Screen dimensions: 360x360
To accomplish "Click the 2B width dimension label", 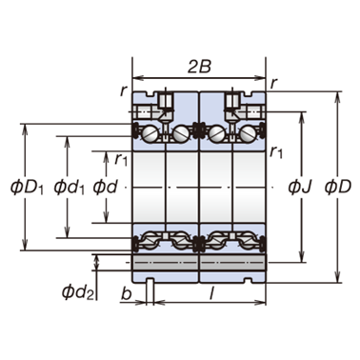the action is click(x=199, y=67).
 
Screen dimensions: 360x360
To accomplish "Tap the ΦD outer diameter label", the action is click(x=338, y=187).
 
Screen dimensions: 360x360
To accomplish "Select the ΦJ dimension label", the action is click(x=300, y=187).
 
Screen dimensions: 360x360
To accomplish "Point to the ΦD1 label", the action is click(x=27, y=188).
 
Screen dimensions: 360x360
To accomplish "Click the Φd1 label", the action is click(x=69, y=188).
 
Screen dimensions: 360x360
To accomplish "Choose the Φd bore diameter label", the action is click(x=105, y=187).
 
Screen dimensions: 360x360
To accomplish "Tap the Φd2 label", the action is click(x=78, y=292).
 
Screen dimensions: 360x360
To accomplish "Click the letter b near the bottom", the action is click(x=126, y=294).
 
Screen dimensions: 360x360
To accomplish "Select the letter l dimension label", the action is click(x=211, y=294).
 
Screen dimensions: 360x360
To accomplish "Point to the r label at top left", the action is click(x=124, y=91).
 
